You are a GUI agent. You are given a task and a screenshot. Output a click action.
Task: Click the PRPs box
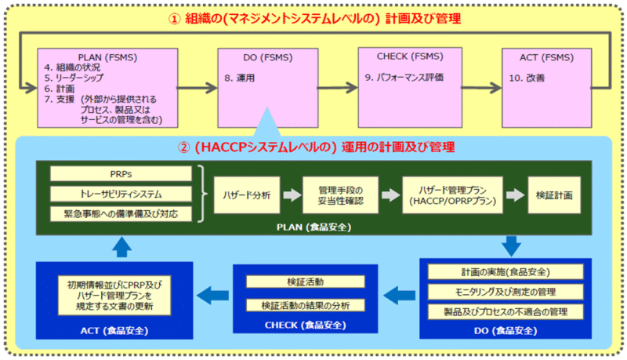pos(121,174)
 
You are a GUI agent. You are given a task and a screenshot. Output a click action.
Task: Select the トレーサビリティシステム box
pos(121,194)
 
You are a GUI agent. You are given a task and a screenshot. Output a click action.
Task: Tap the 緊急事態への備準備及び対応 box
pos(121,214)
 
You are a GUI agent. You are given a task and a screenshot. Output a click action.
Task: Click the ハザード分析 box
pos(247,195)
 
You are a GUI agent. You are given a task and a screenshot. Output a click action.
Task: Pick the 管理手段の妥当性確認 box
pos(340,195)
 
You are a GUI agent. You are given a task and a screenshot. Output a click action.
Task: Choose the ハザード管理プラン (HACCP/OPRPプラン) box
pos(453,195)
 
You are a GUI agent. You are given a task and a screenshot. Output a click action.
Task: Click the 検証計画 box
pos(554,195)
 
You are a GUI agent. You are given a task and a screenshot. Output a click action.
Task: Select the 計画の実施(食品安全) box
pos(506,272)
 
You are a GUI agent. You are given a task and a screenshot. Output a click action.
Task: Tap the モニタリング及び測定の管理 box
pos(506,292)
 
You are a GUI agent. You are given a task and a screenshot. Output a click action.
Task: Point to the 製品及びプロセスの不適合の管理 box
pos(506,311)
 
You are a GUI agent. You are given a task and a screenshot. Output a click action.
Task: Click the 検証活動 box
pos(306,282)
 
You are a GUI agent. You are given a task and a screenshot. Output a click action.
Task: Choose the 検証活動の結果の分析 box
pos(306,306)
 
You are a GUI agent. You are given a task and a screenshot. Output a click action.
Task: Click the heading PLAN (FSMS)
pos(107,57)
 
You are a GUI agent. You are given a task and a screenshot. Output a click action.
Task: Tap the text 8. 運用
pos(240,78)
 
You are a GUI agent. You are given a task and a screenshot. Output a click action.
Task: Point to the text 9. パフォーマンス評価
pos(404,77)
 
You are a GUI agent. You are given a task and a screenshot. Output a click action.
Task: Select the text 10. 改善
pos(527,78)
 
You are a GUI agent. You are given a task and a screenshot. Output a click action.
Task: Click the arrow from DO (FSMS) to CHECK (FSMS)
pos(338,88)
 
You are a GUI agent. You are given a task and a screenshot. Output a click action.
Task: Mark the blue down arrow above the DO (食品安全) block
pos(511,245)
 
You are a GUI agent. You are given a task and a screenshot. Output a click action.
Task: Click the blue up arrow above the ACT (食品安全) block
pos(121,247)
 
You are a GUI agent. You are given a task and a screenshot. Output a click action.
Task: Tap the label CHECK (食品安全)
pos(306,325)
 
